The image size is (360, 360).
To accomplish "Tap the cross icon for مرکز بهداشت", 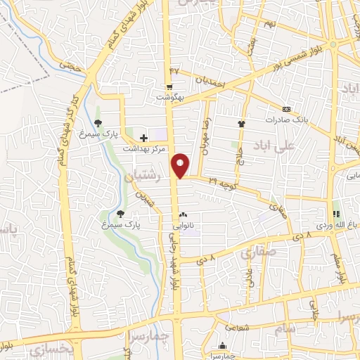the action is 144,138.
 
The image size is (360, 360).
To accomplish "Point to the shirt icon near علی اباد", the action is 242,123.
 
